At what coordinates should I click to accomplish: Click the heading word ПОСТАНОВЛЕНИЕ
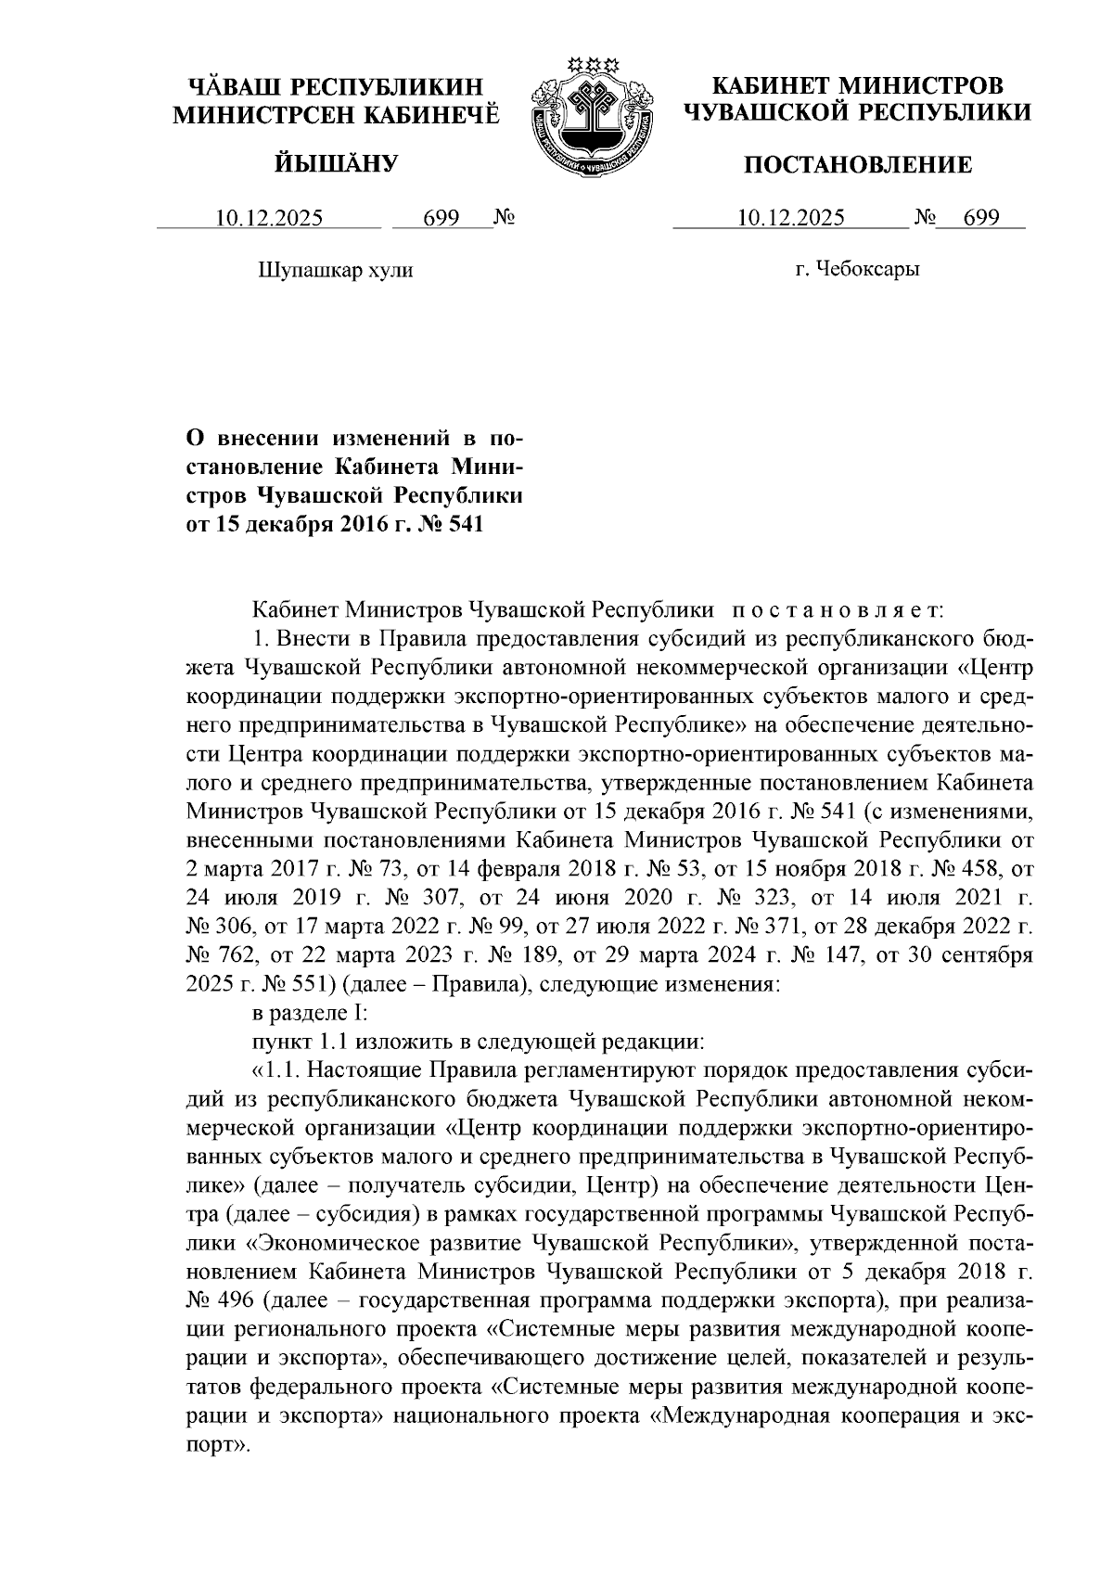pos(859,166)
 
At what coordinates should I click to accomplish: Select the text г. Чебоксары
pos(857,270)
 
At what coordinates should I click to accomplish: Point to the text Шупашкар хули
pos(333,270)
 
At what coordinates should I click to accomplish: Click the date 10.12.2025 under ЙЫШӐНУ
pos(269,219)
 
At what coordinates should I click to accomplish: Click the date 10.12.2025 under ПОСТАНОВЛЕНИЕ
pos(790,219)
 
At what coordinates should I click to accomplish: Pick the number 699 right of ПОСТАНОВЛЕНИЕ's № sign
pos(981,219)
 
